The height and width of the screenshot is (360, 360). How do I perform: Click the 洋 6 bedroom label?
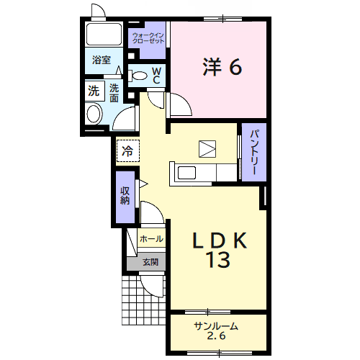(x=222, y=67)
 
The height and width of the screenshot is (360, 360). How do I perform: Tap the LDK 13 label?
(x=220, y=250)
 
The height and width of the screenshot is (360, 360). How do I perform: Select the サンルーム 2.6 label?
(x=216, y=331)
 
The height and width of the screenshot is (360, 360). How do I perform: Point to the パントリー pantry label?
(x=254, y=152)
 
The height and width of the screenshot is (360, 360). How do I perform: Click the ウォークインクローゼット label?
(x=148, y=38)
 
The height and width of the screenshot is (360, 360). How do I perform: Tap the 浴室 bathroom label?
(x=102, y=60)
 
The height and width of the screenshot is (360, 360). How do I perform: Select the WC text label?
(x=156, y=76)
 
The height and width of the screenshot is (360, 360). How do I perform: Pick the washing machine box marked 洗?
(x=95, y=91)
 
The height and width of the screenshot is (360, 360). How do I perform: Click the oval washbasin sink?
(x=94, y=114)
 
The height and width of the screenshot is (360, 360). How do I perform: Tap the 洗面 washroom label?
(x=114, y=93)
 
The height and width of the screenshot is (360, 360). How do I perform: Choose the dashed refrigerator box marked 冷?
(x=128, y=150)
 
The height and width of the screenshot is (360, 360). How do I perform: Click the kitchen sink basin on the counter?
(x=186, y=173)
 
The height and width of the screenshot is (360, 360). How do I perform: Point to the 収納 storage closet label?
(x=125, y=196)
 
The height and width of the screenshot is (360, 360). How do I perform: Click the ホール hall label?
(x=151, y=239)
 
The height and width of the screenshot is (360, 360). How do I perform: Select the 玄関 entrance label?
(x=150, y=262)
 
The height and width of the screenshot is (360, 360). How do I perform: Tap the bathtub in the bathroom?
(x=104, y=34)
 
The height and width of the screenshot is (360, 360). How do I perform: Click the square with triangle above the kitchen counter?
(x=207, y=149)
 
